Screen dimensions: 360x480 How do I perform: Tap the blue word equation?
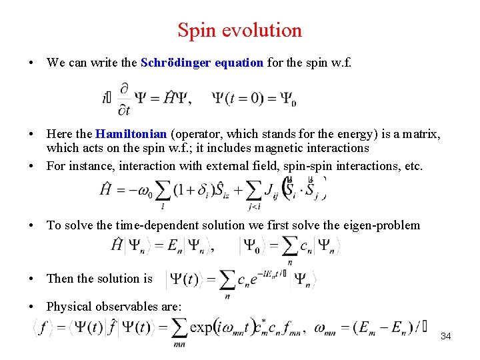point(239,63)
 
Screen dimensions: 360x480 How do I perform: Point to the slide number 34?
point(446,336)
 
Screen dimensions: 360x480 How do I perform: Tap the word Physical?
point(69,307)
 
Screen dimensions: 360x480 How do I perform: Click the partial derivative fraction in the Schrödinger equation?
point(124,99)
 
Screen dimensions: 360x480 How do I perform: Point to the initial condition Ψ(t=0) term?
point(254,99)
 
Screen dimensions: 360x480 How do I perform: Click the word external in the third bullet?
point(243,166)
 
